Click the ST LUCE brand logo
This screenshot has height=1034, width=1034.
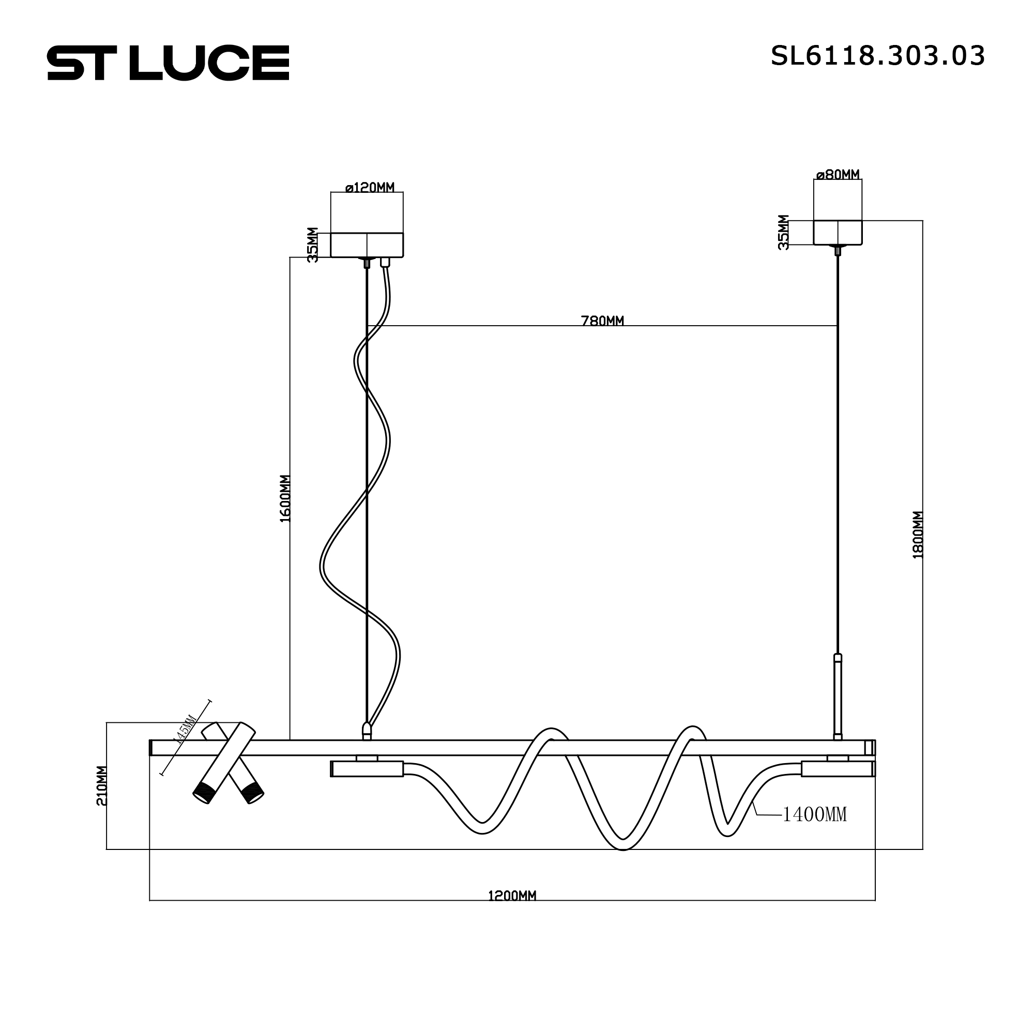(x=168, y=63)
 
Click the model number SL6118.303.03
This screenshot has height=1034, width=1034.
(x=877, y=56)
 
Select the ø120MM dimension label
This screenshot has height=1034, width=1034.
(x=370, y=187)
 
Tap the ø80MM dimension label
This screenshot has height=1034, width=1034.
(x=838, y=174)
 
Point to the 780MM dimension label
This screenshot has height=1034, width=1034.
(x=602, y=321)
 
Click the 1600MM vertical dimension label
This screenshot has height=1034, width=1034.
(x=285, y=498)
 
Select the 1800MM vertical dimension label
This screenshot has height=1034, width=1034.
(x=918, y=535)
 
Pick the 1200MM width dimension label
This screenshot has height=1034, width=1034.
(x=512, y=896)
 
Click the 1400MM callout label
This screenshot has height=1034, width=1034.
(x=815, y=815)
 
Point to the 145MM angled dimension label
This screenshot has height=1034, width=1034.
(x=186, y=729)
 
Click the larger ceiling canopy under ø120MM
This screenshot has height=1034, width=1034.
(x=367, y=245)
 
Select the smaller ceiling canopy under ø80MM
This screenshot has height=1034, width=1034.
(x=838, y=233)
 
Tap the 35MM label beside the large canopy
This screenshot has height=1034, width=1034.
(x=313, y=245)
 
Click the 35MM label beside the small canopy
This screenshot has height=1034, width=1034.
(x=783, y=232)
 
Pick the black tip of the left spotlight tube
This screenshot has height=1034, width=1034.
(x=204, y=793)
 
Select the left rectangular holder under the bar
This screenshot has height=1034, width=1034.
(x=367, y=769)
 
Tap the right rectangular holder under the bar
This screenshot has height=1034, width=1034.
(x=838, y=769)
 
